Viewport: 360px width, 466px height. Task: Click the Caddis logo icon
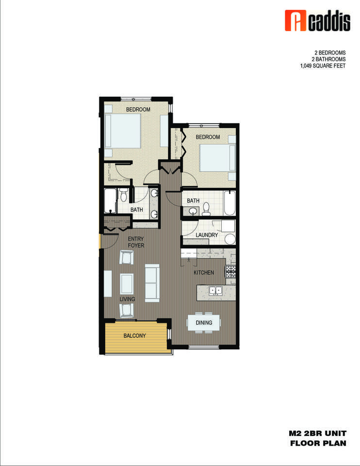[x=293, y=21]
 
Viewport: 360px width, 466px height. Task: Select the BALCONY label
[x=134, y=335]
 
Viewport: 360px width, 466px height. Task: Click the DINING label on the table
[x=204, y=322]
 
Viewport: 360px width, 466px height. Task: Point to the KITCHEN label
[x=204, y=273]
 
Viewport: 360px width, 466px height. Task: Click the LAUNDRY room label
[x=206, y=235]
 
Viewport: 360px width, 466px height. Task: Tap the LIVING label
[x=127, y=299]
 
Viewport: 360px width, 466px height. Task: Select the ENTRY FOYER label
[x=136, y=242]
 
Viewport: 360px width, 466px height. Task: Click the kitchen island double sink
[x=215, y=291]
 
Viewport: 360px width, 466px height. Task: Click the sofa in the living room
[x=152, y=283]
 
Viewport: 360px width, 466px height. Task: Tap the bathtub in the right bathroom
[x=229, y=204]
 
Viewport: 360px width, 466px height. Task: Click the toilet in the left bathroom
[x=124, y=194]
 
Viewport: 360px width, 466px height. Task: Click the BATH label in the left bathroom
[x=136, y=210]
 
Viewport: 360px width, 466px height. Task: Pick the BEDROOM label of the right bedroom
[x=208, y=137]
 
